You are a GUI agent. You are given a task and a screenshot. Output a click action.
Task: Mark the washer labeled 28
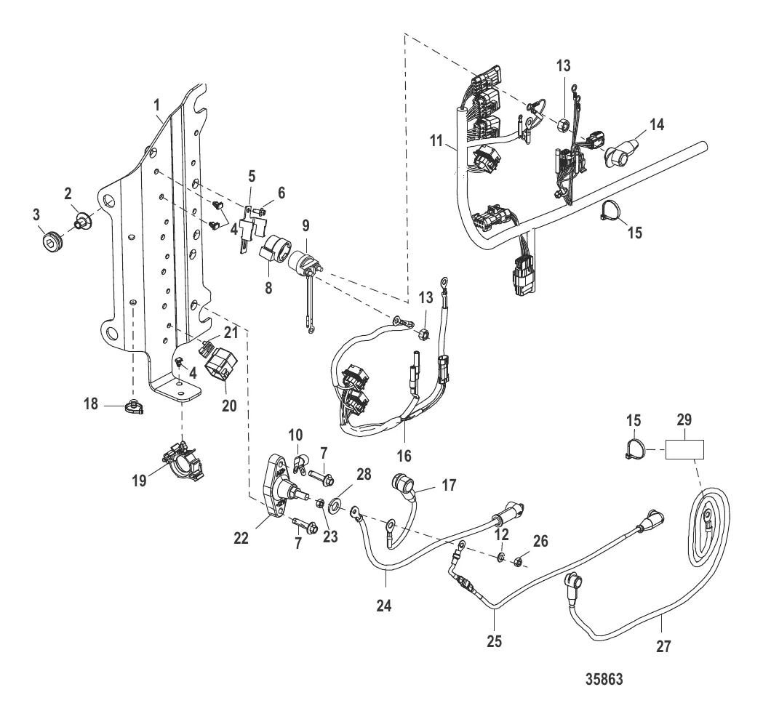(338, 504)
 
